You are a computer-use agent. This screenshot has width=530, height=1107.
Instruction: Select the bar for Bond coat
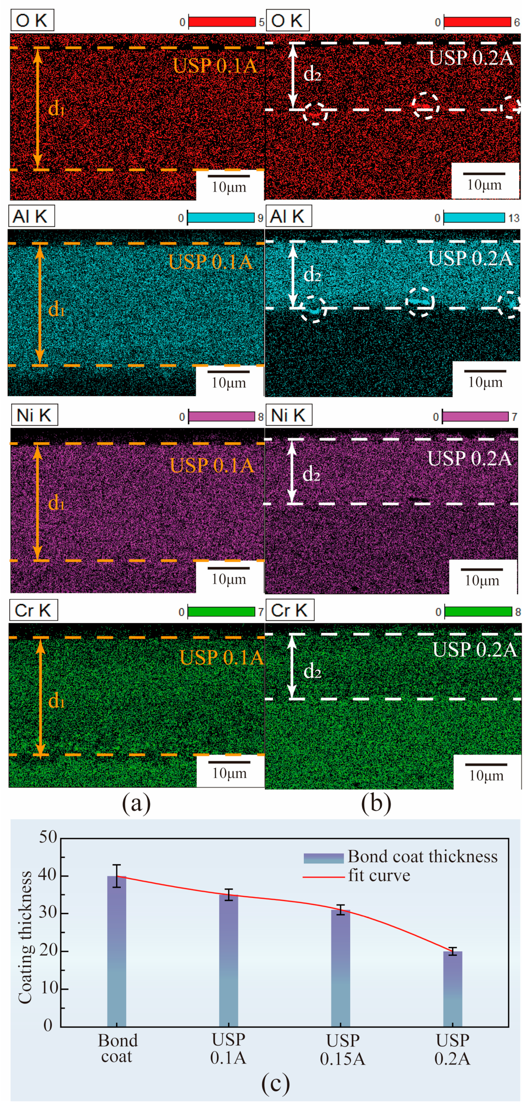coord(117,952)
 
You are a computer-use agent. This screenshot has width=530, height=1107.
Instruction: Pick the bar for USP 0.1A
coord(228,961)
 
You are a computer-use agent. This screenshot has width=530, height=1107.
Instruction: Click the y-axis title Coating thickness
coord(25,937)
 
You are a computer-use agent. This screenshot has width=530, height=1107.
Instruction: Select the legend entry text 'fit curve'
coord(379,875)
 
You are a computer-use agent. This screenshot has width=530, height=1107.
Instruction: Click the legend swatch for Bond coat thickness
coord(323,858)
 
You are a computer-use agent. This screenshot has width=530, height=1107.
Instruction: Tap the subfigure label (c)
coord(275,1083)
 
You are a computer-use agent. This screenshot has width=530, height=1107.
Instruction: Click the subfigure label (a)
coord(136,803)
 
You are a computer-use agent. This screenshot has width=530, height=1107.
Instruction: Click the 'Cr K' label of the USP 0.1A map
coord(33,610)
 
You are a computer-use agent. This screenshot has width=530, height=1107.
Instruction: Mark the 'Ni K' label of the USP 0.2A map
coord(288,415)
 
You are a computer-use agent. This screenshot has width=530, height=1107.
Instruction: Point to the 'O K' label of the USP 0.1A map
coord(32,20)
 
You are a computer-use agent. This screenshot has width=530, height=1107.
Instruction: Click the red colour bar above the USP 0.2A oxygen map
coord(477,22)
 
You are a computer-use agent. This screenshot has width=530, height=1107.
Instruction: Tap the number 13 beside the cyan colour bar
coord(514,218)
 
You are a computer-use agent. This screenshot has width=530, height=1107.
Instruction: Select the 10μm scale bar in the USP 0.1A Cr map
coord(229,762)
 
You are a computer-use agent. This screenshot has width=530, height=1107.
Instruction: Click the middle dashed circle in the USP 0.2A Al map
coord(420,302)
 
